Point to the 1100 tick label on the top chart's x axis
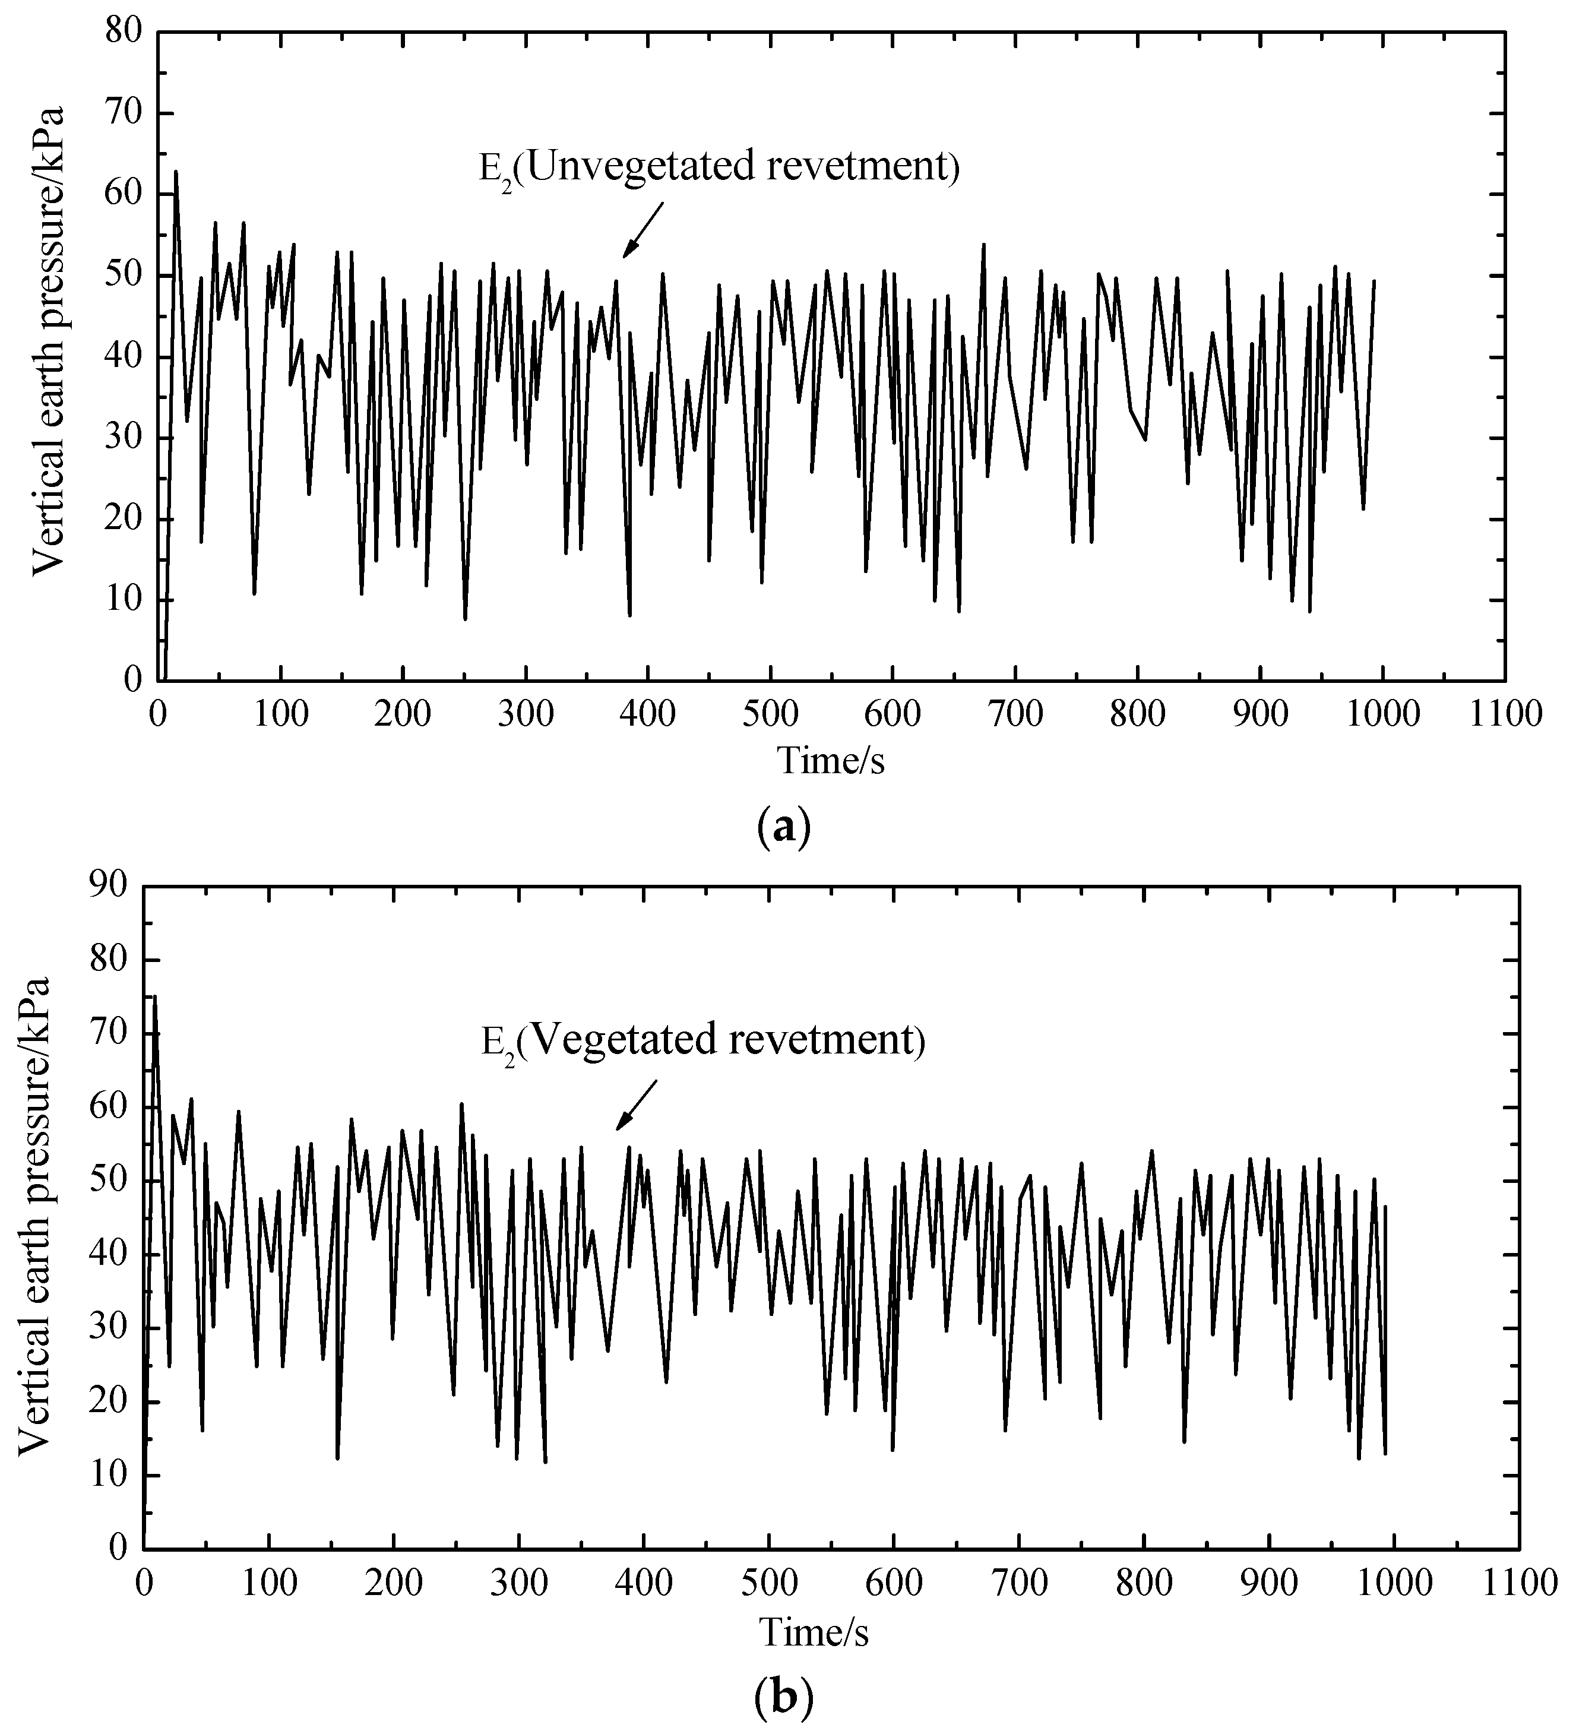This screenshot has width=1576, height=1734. point(1504,713)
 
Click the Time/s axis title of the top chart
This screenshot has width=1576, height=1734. point(830,760)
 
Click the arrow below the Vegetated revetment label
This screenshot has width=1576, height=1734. point(636,1105)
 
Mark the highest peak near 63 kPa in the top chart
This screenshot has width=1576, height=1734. point(176,173)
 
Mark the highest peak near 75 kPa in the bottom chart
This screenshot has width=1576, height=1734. point(155,997)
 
